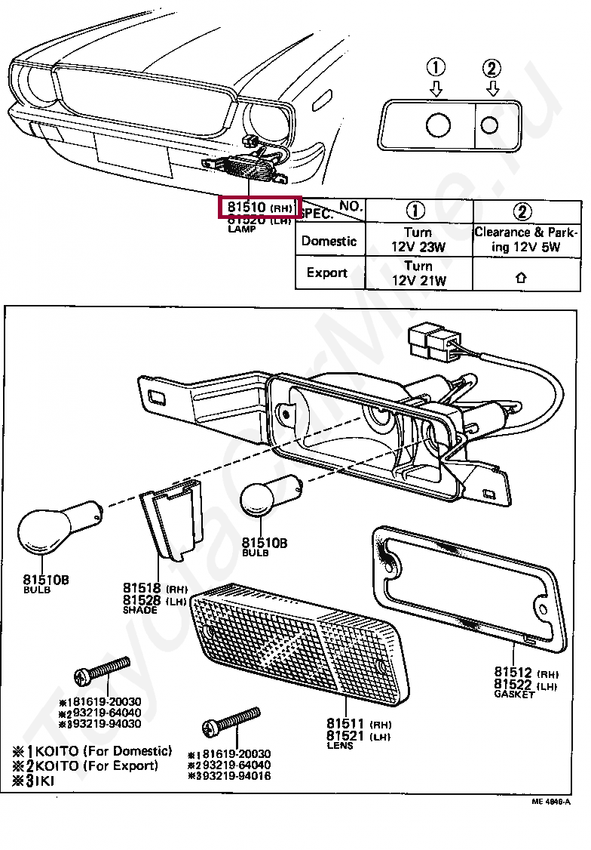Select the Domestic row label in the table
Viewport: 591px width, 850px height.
coord(329,242)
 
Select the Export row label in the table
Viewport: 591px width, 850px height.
coord(327,273)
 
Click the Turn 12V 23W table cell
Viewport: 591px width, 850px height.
coord(418,241)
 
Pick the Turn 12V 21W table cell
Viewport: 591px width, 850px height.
coord(418,273)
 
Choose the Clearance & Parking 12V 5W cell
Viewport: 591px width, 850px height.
coord(526,241)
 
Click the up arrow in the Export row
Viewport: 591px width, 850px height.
coord(520,277)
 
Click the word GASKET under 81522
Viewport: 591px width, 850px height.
coord(514,694)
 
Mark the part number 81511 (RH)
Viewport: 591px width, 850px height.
coord(359,723)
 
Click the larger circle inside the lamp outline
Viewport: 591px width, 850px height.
coord(438,125)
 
